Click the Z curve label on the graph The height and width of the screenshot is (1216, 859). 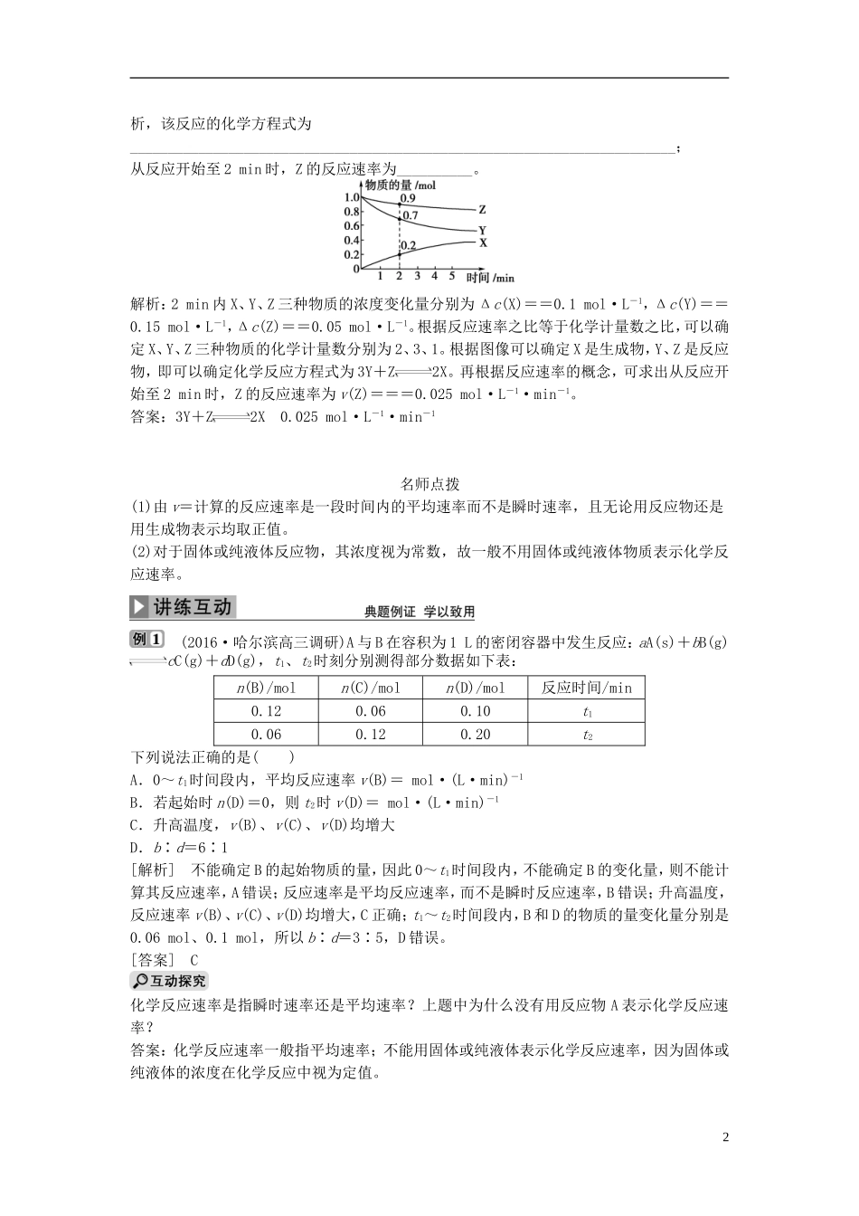coord(482,209)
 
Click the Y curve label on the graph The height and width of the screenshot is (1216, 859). coord(482,231)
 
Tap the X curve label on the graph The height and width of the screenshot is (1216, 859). coord(483,242)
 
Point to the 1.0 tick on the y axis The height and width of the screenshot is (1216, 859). coord(351,196)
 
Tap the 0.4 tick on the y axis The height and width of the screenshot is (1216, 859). coord(351,240)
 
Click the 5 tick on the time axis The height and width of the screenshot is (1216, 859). coord(451,276)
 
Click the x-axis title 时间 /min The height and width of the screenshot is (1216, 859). coord(490,277)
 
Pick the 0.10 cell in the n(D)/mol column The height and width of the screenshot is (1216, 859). coord(475,711)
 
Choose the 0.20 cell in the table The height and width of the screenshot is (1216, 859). coord(475,735)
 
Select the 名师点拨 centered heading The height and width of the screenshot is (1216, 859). coord(429,485)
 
